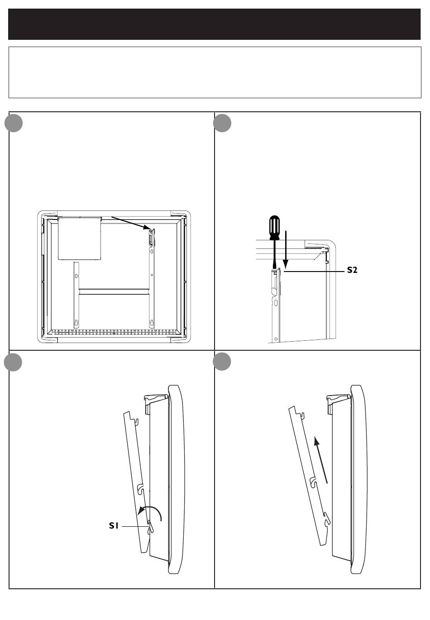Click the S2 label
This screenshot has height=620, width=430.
(352, 270)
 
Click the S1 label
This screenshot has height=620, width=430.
(114, 525)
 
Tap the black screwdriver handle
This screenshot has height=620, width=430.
(274, 225)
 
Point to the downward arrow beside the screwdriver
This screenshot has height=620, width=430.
(286, 250)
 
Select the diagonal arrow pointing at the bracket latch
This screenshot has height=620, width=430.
(131, 223)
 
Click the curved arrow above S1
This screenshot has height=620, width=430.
(151, 512)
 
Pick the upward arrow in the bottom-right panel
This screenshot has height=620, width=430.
(321, 460)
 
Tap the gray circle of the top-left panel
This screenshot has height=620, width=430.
(14, 123)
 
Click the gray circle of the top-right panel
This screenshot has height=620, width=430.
(222, 123)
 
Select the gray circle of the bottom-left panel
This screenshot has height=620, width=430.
(13, 362)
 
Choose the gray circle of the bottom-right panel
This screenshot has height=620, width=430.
(222, 362)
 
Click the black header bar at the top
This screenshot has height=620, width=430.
(214, 24)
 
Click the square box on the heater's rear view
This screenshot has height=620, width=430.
(80, 238)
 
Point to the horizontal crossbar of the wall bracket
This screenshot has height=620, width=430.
(114, 292)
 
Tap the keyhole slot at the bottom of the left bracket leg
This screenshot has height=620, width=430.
(76, 323)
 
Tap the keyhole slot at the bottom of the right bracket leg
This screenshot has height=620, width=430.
(152, 323)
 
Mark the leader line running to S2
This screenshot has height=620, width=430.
(314, 272)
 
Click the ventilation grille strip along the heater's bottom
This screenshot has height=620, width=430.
(114, 332)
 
